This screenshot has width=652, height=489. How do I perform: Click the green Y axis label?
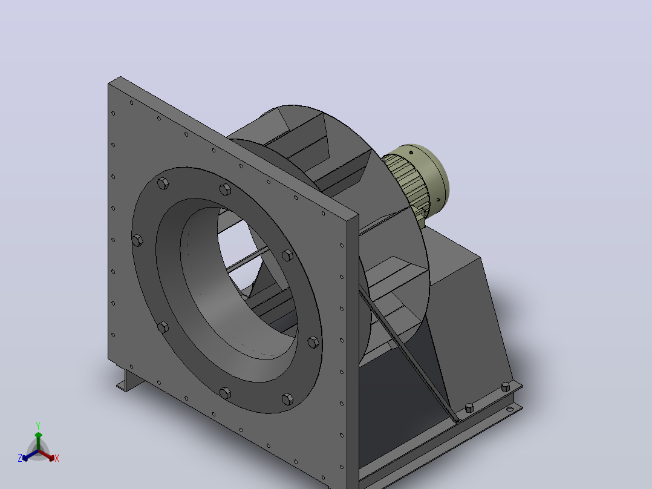click(38, 425)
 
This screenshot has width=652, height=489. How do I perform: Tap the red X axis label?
click(57, 458)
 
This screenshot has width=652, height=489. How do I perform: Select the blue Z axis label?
click(20, 458)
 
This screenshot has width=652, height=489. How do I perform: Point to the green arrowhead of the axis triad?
click(38, 435)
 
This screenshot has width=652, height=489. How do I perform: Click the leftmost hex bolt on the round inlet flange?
click(137, 240)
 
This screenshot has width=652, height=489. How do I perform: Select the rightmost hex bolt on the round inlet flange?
click(313, 342)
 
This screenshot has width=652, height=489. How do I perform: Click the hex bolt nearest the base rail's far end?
click(506, 387)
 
